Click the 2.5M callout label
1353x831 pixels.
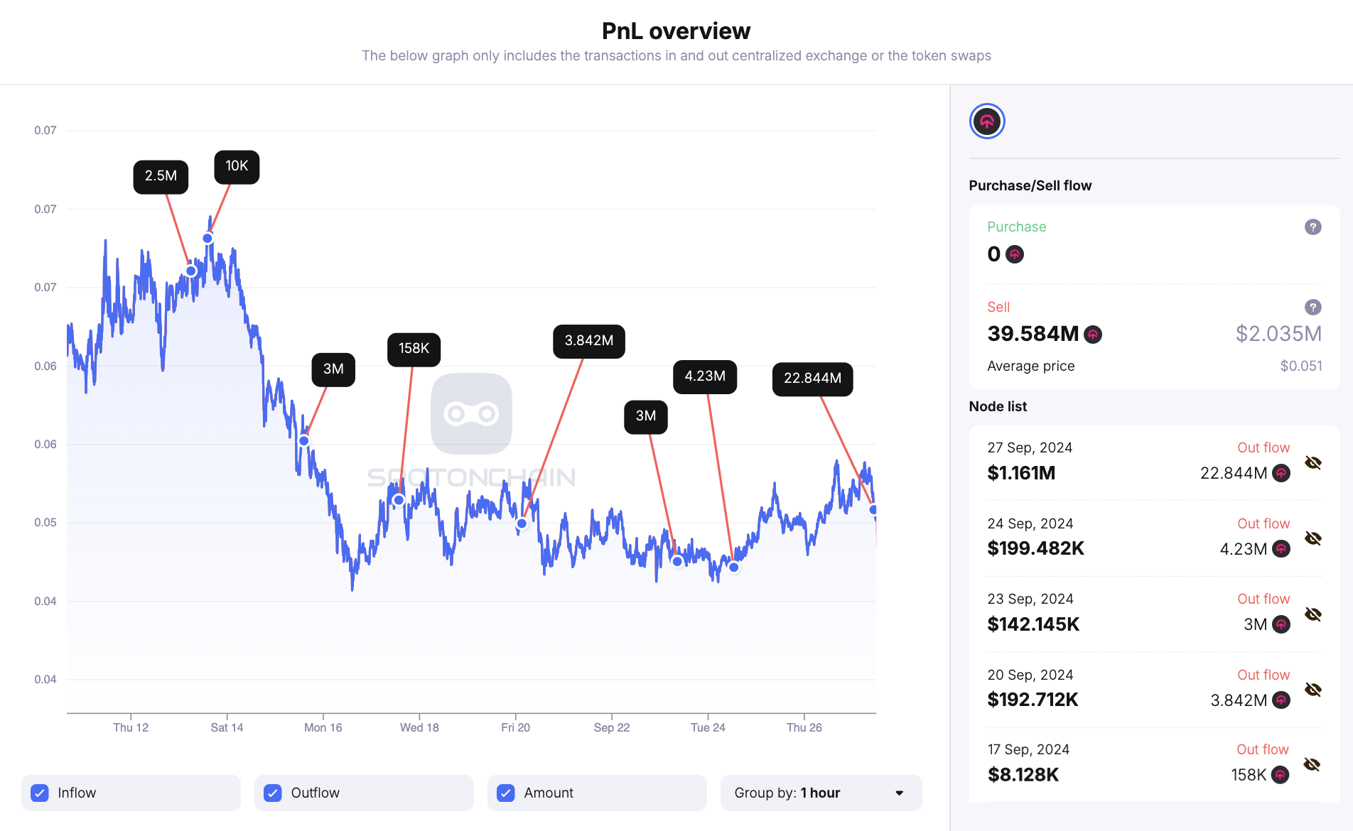pos(161,176)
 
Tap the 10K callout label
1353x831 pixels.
pos(237,166)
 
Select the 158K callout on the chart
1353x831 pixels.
pos(414,349)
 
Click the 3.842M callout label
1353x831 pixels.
pos(588,341)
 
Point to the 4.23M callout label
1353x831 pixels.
pos(704,376)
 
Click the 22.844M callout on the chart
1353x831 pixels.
pos(812,379)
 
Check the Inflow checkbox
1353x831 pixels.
pos(41,793)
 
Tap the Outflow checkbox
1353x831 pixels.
pos(273,793)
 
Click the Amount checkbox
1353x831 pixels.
pos(506,793)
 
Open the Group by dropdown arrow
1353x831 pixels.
pos(900,793)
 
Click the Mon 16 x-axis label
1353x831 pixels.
pos(323,727)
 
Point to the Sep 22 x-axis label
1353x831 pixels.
pos(611,727)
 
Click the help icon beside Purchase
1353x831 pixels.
pos(1312,227)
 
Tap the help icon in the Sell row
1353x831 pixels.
pos(1312,308)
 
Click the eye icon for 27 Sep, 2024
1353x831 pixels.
pos(1312,463)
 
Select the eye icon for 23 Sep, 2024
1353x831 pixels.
pos(1312,614)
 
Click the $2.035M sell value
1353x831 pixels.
pos(1278,334)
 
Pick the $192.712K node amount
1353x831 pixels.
pos(1033,700)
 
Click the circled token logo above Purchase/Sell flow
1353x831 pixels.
pos(987,121)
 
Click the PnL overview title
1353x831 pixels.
pos(676,31)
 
